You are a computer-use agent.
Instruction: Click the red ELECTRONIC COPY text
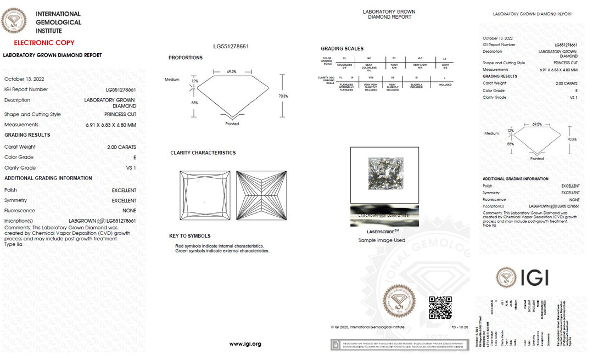click(44, 42)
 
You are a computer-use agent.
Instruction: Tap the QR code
click(440, 307)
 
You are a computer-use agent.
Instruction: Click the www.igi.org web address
click(245, 344)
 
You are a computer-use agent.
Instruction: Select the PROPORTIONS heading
click(185, 58)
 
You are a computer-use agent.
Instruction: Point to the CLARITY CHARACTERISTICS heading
click(203, 153)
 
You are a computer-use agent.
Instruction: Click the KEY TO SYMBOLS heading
click(189, 236)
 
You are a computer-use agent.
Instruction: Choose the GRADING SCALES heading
click(342, 49)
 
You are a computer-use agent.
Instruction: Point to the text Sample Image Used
click(382, 240)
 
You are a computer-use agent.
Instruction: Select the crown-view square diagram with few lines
click(205, 195)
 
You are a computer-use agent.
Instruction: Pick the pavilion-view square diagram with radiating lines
click(261, 195)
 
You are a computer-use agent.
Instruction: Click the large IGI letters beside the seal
click(535, 278)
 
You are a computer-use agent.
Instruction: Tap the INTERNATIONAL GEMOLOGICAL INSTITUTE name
click(58, 22)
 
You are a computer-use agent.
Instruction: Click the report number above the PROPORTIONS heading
click(231, 46)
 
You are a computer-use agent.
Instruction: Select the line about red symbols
click(219, 246)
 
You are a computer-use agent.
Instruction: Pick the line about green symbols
click(222, 251)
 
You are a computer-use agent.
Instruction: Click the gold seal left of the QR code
click(399, 301)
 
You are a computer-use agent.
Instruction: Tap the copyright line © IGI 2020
click(367, 327)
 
